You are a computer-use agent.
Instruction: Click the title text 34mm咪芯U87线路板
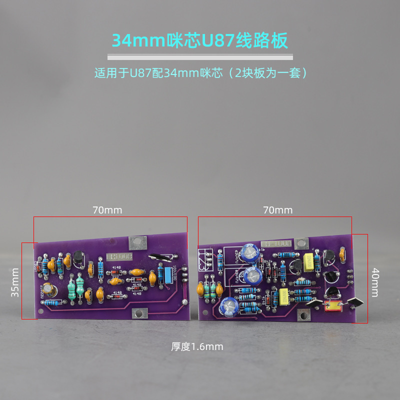click(200, 40)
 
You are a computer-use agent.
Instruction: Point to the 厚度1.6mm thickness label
click(197, 346)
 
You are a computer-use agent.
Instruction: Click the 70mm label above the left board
click(107, 210)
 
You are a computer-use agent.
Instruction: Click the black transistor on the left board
click(78, 258)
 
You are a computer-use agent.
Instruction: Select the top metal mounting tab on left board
click(137, 243)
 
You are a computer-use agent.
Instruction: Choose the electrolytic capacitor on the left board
click(48, 290)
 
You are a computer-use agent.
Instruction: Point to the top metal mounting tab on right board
click(301, 244)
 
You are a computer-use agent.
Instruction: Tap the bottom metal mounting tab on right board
click(302, 315)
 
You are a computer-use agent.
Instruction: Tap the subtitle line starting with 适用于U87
click(200, 73)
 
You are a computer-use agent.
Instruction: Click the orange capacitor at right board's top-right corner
click(342, 254)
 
